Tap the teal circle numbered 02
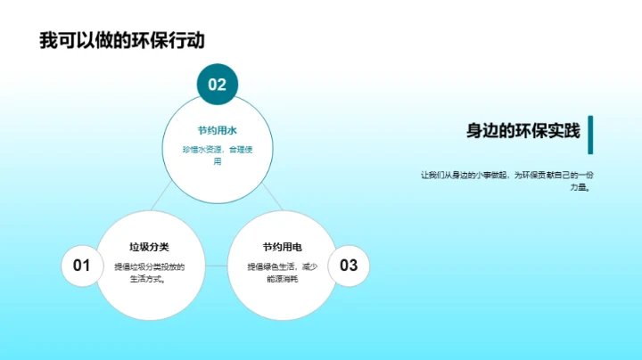coord(218,85)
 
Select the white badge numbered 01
coord(81,265)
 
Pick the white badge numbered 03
coord(349,265)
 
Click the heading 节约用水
coord(217,130)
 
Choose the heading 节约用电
coord(282,246)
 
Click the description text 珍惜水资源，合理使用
coord(218,156)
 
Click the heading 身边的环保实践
coord(523,131)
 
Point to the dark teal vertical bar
coord(590,134)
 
